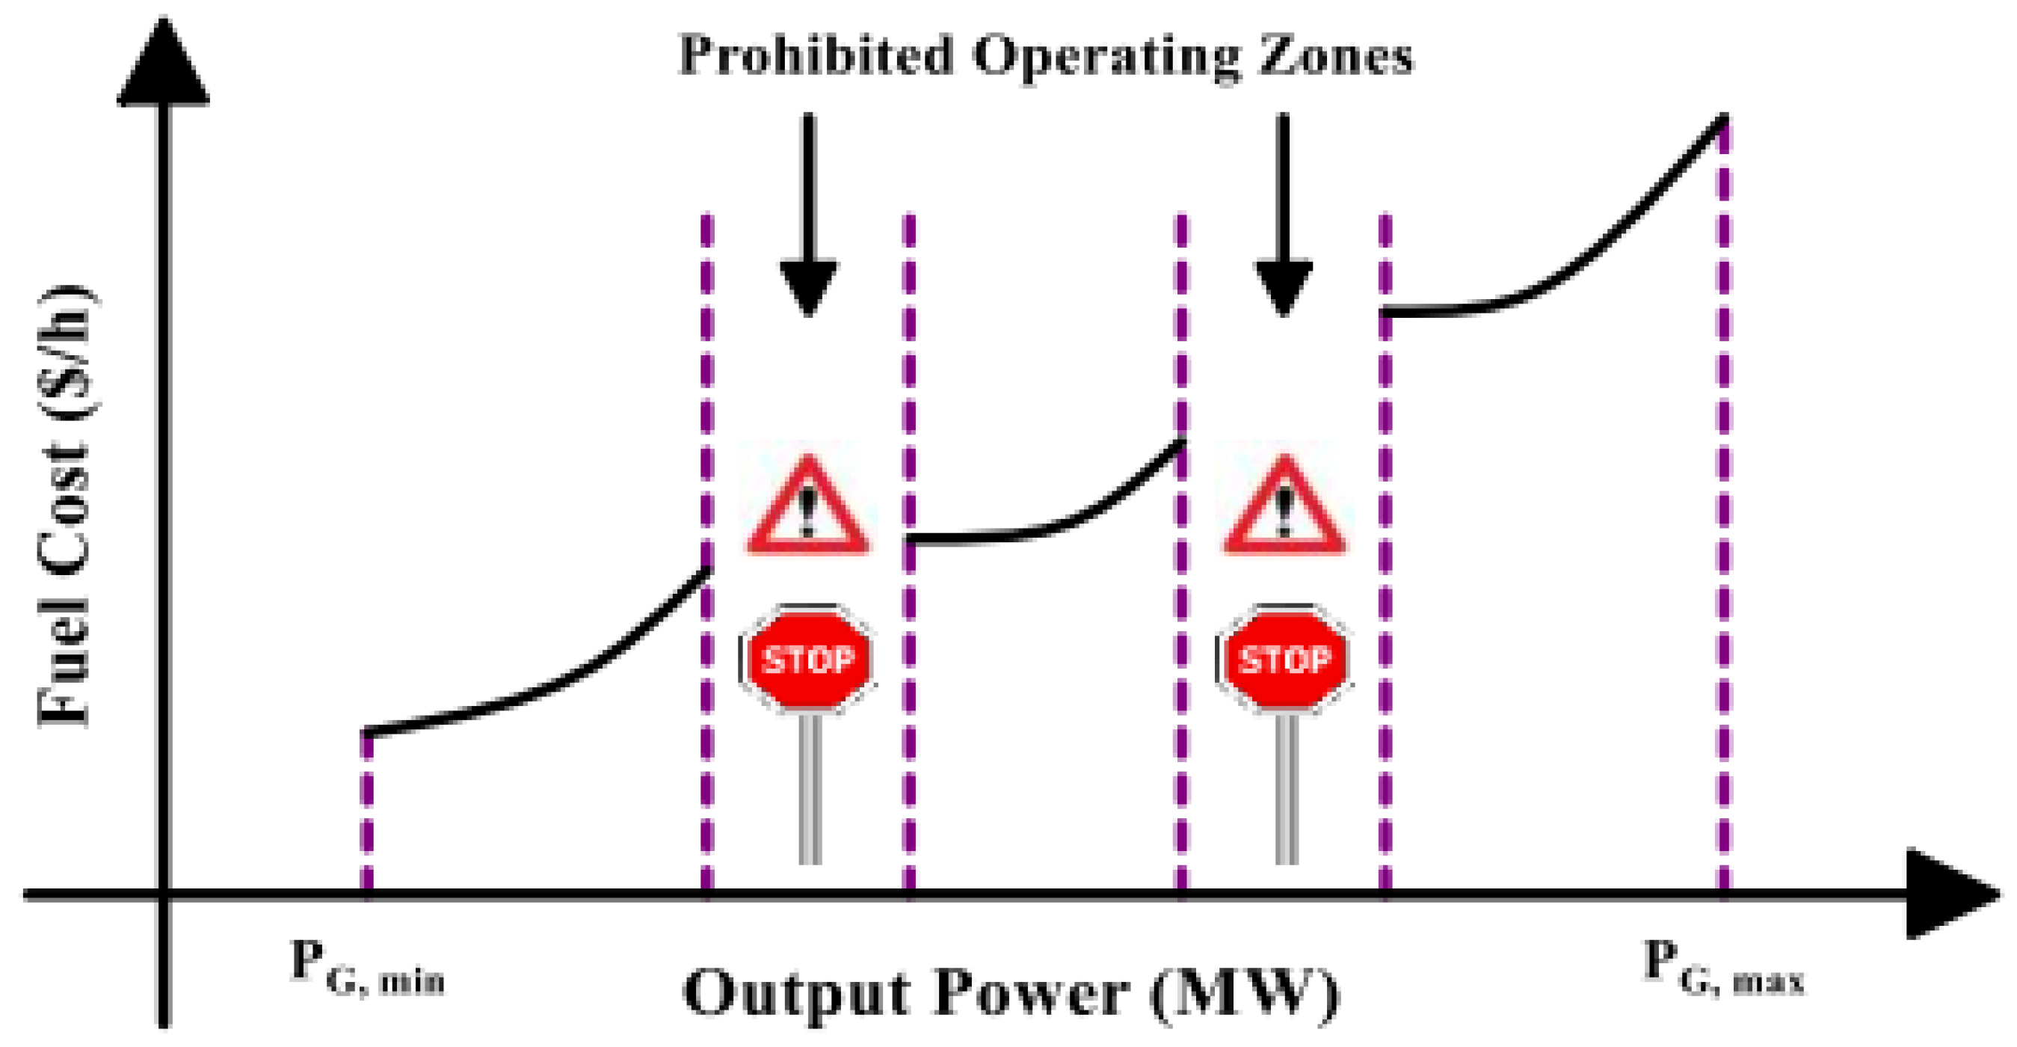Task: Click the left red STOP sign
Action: (x=808, y=660)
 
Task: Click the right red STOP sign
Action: (x=1284, y=660)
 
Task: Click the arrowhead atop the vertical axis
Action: (x=163, y=67)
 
